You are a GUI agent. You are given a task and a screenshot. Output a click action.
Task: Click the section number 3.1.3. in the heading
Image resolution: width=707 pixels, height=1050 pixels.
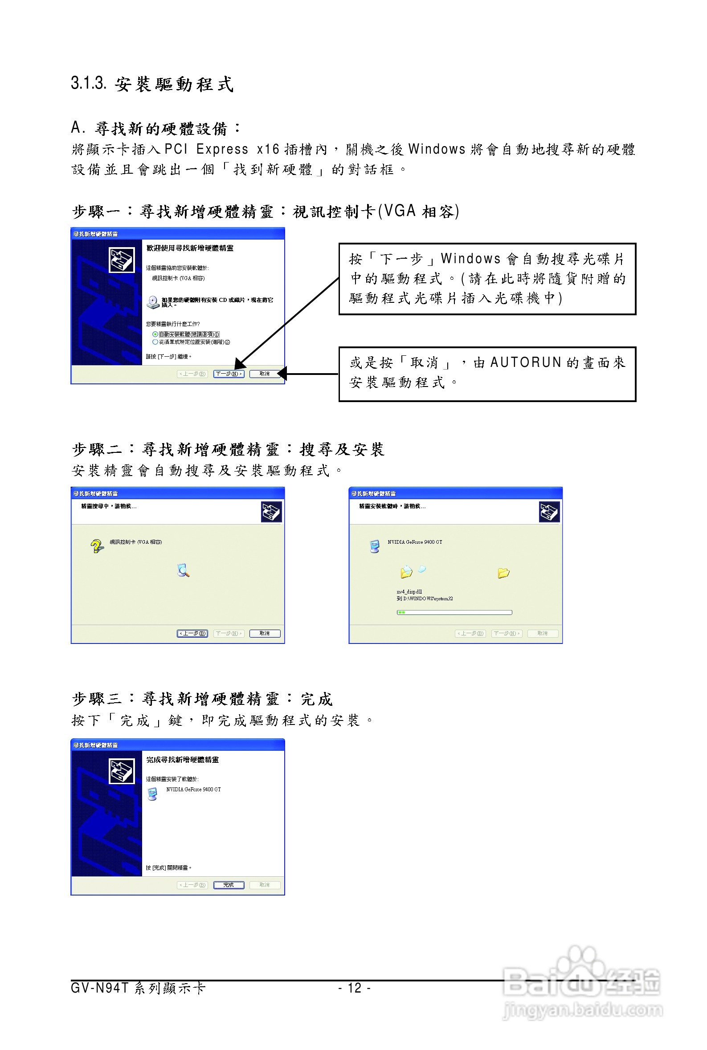point(88,83)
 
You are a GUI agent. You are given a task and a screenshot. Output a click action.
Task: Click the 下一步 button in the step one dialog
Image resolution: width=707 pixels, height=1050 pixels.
point(229,374)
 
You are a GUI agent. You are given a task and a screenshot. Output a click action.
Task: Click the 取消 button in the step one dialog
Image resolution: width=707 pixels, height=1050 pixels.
point(265,374)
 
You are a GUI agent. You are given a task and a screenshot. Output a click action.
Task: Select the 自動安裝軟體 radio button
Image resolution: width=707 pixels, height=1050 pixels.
point(155,334)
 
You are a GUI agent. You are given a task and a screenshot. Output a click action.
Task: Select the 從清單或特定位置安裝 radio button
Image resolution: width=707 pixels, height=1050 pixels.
point(155,342)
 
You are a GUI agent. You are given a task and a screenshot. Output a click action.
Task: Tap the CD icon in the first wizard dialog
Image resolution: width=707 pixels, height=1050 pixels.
point(153,302)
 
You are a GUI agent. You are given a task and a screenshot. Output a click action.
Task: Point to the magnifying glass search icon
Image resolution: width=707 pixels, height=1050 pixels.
point(183,570)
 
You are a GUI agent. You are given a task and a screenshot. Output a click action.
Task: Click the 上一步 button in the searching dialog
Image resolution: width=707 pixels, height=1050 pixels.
point(192,634)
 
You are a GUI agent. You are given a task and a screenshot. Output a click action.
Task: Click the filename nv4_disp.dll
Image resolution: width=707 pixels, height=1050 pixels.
point(409,592)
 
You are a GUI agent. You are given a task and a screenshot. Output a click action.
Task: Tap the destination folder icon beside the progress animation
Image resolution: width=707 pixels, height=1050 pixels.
point(503,573)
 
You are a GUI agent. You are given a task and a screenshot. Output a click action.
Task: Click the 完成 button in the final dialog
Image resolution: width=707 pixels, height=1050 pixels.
point(229,885)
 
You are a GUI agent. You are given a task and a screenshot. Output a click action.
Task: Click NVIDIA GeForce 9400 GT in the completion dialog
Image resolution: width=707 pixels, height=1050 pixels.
point(193,790)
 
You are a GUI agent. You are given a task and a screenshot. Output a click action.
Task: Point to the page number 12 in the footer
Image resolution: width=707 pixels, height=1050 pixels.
point(355,988)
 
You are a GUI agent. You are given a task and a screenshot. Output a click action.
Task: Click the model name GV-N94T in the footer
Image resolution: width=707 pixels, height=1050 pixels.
point(100,988)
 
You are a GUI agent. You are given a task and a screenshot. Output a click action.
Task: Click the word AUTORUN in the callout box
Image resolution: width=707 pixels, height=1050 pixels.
point(525,363)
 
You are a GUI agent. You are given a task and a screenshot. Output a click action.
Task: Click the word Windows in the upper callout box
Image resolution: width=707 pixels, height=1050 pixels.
point(470,259)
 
